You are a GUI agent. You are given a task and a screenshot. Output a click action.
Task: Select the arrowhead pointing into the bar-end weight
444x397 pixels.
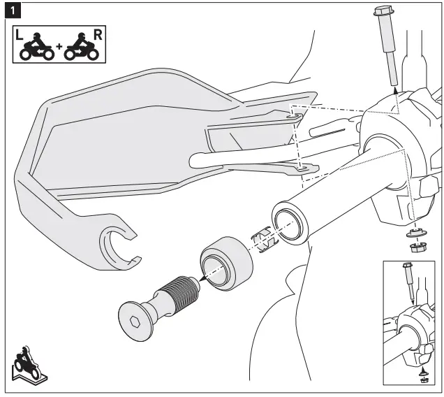pyautogui.click(x=201, y=277)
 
